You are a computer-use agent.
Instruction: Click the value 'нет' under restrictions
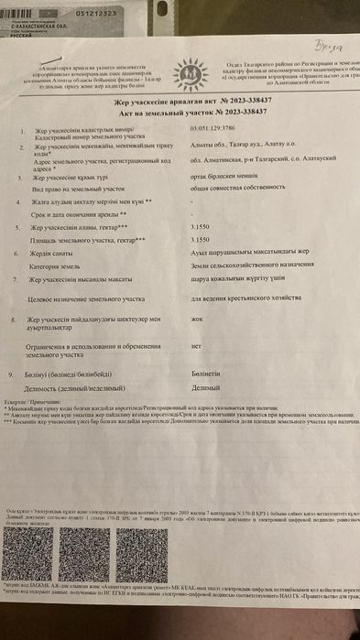click(x=195, y=347)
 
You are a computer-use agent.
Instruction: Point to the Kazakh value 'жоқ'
click(x=195, y=320)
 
